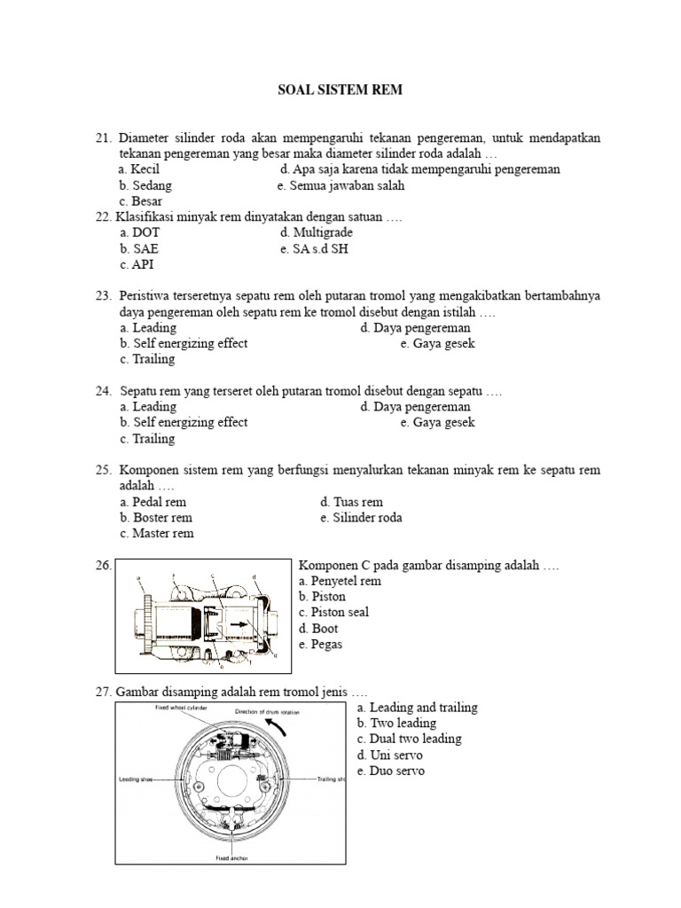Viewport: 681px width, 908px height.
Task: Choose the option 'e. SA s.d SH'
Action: click(x=314, y=249)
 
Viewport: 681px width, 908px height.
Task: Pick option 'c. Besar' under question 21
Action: click(x=141, y=201)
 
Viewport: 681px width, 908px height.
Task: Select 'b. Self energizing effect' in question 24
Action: click(x=184, y=423)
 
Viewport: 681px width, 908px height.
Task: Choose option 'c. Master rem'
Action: click(x=156, y=534)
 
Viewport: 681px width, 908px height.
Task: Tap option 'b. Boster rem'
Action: click(x=156, y=518)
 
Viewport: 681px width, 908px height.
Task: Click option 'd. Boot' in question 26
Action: click(x=318, y=629)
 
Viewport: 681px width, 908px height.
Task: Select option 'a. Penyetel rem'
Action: click(x=340, y=582)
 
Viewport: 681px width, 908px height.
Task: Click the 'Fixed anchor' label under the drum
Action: click(x=232, y=858)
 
